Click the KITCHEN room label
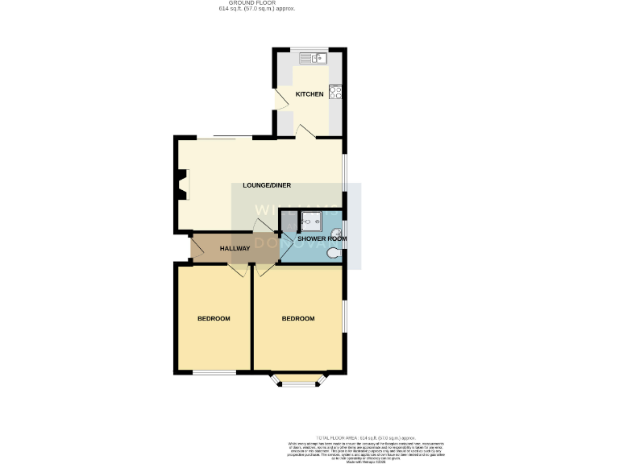click(x=309, y=94)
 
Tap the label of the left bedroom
click(x=214, y=319)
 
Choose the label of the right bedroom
click(x=297, y=319)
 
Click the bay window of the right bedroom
click(x=299, y=383)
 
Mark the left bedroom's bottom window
click(x=214, y=372)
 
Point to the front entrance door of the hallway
click(x=194, y=247)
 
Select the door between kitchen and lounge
click(x=305, y=132)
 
